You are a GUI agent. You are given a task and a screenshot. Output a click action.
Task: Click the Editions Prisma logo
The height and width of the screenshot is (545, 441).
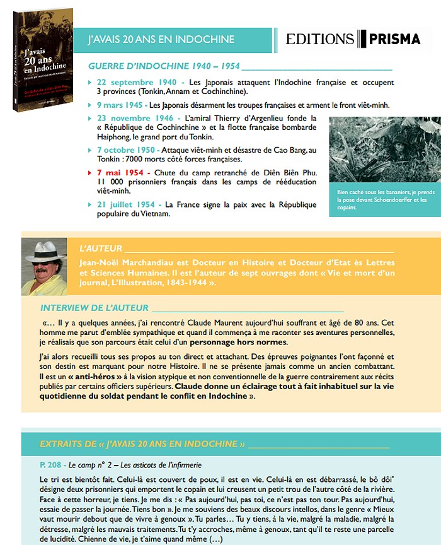click(353, 39)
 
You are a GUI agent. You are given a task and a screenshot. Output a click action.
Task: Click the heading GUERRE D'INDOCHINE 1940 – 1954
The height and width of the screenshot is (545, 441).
click(163, 66)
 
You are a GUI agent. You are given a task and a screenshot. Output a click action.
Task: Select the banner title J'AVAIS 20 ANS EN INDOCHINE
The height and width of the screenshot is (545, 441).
click(161, 39)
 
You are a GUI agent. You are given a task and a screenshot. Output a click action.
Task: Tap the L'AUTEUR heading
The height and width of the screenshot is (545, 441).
click(98, 249)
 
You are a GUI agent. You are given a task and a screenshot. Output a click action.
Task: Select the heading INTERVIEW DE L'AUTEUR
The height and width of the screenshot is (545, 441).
click(94, 308)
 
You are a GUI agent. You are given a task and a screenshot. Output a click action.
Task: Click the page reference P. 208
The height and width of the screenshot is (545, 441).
click(49, 464)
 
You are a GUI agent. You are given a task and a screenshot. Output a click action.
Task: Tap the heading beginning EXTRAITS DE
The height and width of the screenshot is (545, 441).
click(142, 443)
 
